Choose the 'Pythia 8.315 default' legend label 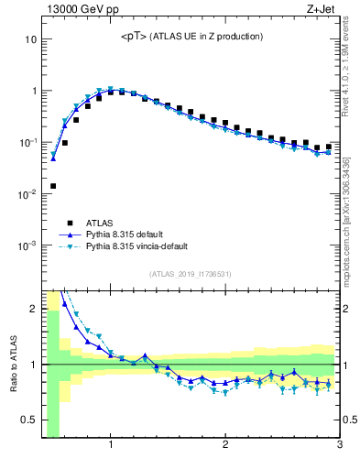pyautogui.click(x=137, y=234)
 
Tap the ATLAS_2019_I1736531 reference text pyautogui.click(x=191, y=273)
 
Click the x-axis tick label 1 pyautogui.click(x=111, y=446)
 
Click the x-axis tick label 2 pyautogui.click(x=225, y=446)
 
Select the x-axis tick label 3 pyautogui.click(x=339, y=446)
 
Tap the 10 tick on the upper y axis pyautogui.click(x=30, y=39)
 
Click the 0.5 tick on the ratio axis pyautogui.click(x=28, y=420)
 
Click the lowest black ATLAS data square pyautogui.click(x=53, y=186)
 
